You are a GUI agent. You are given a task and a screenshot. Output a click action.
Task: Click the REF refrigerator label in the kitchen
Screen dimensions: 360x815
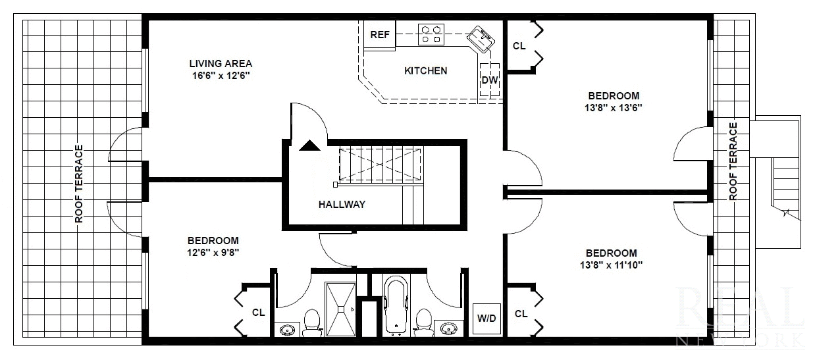379,36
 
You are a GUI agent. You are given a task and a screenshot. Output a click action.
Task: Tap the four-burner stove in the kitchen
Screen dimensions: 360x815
431,34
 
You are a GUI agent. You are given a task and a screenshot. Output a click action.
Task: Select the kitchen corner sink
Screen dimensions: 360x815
481,39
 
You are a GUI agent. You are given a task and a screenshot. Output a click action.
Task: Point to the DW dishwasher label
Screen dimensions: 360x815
489,80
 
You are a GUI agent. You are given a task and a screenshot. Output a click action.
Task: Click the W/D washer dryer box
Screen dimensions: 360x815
486,318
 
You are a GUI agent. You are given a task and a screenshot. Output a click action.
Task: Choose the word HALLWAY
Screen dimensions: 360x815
342,205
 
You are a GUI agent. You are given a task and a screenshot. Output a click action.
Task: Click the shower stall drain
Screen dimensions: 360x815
341,308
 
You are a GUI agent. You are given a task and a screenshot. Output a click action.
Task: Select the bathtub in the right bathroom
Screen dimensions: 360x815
396,307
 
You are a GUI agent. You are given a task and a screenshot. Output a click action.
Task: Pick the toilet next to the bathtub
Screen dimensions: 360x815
424,322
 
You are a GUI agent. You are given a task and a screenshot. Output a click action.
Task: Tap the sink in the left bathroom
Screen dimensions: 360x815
288,328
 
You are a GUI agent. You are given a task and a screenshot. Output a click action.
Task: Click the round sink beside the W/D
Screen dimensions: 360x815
449,328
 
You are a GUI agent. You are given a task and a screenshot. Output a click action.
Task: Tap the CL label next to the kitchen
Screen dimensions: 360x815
519,46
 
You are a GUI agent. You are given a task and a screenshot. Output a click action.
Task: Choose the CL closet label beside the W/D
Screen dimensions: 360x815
521,314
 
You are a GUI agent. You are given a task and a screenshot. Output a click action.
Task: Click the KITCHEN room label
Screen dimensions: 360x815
425,70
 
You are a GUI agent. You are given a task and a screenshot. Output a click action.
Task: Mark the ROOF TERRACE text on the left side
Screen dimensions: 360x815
79,184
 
